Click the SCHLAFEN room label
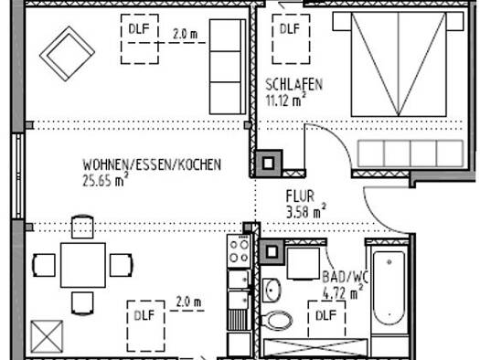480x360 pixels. click(x=293, y=85)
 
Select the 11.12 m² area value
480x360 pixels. click(x=285, y=100)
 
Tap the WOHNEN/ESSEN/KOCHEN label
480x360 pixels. click(x=152, y=164)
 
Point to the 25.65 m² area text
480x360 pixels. click(x=105, y=179)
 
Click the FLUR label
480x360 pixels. click(x=300, y=196)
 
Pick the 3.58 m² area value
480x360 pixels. click(x=305, y=211)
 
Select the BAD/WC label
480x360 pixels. click(x=345, y=277)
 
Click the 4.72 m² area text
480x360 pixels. click(x=343, y=291)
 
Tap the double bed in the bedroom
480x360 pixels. click(x=399, y=64)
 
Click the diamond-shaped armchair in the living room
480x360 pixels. click(x=67, y=54)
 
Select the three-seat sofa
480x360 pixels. click(x=228, y=67)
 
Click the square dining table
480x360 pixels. click(x=83, y=265)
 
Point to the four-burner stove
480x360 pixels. click(x=239, y=251)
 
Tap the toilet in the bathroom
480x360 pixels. click(x=276, y=320)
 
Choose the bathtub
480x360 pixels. click(x=389, y=289)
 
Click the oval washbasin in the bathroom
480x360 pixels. click(x=272, y=290)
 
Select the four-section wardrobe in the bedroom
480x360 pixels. click(x=411, y=154)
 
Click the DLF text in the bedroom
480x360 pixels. click(x=290, y=29)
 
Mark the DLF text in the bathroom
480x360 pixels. click(x=326, y=315)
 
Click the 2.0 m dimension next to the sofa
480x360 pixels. click(x=186, y=34)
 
